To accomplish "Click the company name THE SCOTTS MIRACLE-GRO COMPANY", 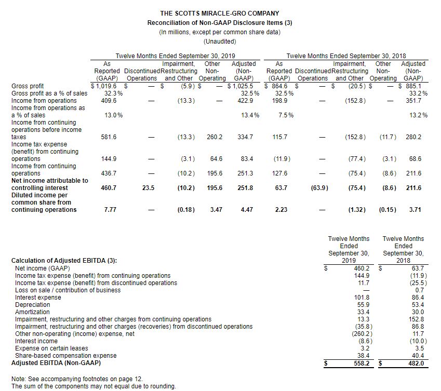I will (x=220, y=13).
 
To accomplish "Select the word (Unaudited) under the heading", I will (x=220, y=41).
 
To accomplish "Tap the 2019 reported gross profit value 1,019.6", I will (x=105, y=86).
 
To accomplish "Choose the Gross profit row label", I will (x=28, y=86).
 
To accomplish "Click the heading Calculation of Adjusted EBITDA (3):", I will (x=64, y=260).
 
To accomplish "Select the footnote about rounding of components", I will (x=93, y=386).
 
